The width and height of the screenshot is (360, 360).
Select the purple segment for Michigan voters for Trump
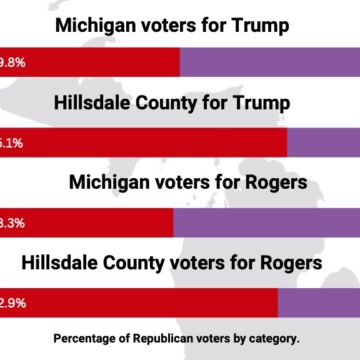point(270,61)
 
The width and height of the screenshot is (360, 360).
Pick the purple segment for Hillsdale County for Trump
point(324,142)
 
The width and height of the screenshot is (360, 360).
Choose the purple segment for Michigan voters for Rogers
point(267,222)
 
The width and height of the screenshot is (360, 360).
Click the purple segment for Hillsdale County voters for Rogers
point(319,303)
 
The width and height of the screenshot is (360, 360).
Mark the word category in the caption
point(270,338)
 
